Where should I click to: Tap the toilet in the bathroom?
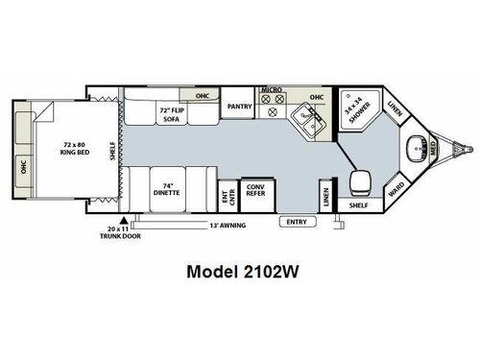(360, 180)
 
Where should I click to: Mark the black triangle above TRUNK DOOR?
(122, 221)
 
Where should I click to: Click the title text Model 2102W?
(241, 272)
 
